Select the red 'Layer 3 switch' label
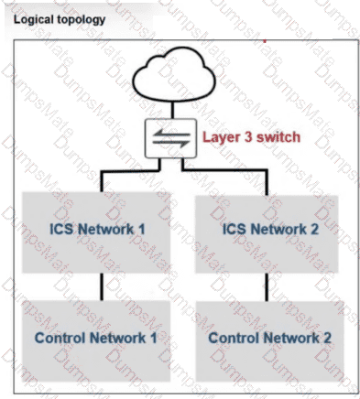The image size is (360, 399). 251,138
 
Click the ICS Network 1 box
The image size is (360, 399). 96,229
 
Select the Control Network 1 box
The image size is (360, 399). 96,338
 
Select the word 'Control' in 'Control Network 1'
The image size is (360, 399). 59,338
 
